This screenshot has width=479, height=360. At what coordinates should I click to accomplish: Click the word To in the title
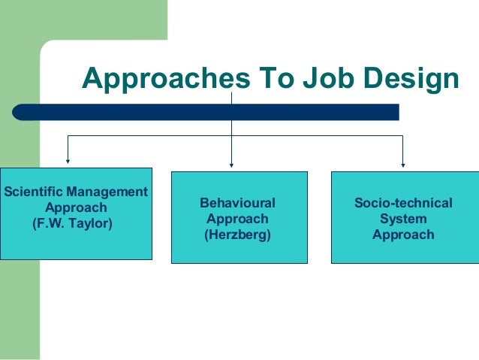255,78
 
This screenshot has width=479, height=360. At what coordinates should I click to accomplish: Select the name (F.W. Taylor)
72,223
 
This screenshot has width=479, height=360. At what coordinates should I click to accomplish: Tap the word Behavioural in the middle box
238,203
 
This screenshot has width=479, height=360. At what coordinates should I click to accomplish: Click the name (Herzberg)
237,234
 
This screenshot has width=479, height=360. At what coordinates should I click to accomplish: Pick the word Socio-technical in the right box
403,203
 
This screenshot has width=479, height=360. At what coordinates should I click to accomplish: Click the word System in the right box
403,219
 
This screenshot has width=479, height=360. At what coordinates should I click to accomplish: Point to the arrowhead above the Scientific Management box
68,160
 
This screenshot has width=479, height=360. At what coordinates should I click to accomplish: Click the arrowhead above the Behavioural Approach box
231,163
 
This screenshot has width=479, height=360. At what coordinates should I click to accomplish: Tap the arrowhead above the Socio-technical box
403,163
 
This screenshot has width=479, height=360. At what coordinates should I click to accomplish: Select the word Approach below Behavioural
237,219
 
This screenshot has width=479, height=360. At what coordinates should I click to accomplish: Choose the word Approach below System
403,234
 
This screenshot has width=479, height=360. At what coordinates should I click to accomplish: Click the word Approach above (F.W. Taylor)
76,207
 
